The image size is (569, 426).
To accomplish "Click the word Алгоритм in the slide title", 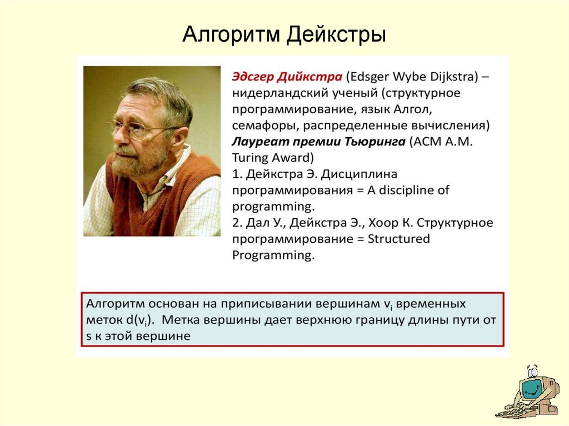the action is (x=231, y=35).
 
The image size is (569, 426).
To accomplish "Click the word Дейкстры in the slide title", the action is (x=336, y=35).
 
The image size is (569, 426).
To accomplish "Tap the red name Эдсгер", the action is (x=253, y=77).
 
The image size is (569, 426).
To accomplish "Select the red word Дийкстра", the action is (x=310, y=77).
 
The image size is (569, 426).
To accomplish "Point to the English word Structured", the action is (x=398, y=239).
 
